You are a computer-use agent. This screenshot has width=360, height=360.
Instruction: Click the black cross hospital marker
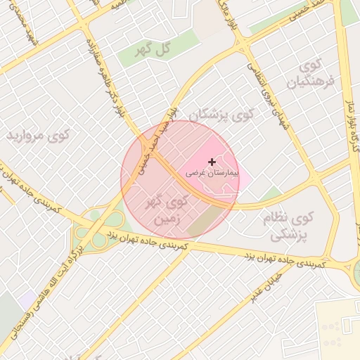[212, 162]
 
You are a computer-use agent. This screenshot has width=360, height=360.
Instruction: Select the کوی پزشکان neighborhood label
[216, 115]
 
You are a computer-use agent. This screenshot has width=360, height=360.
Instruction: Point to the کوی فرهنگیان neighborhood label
[309, 75]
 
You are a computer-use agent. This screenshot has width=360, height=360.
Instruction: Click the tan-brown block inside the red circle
[205, 224]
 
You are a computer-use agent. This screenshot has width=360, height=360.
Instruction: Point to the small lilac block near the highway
[28, 300]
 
